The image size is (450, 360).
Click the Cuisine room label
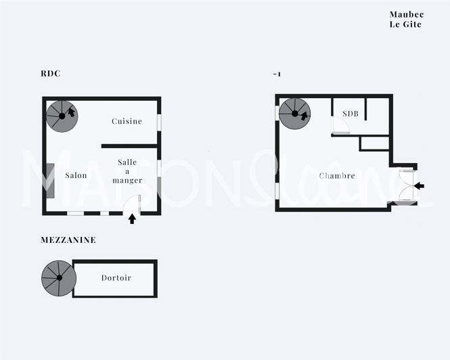127,121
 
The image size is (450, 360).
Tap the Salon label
76,175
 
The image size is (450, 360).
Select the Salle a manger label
127,171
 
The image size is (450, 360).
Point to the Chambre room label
337,175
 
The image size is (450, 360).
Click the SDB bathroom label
350,114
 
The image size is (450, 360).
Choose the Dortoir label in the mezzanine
116,277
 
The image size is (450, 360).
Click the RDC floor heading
50,74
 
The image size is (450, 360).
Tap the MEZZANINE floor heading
68,240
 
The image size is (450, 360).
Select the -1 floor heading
277,74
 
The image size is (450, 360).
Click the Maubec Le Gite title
406,19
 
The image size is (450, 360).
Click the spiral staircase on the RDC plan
62,116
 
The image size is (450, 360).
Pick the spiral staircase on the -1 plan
294,114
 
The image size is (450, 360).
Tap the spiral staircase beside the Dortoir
59,279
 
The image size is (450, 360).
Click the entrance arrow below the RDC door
132,219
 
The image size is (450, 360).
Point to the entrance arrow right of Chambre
420,185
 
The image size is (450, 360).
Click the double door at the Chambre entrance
408,186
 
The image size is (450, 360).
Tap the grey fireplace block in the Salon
50,178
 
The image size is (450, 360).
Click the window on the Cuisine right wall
160,122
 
